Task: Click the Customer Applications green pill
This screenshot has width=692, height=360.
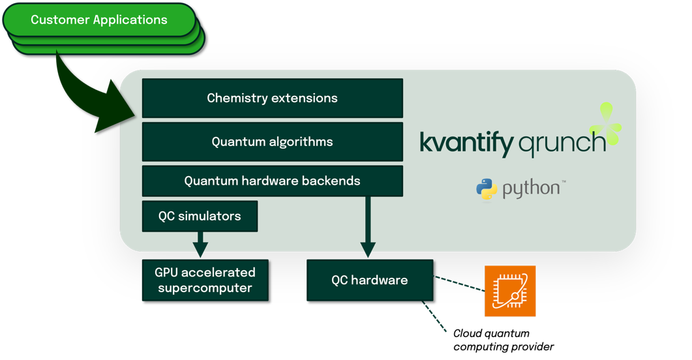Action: (99, 20)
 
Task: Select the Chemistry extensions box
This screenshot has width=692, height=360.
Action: (272, 98)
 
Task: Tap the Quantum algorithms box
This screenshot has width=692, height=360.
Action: (272, 142)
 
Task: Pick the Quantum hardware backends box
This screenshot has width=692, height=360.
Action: (272, 181)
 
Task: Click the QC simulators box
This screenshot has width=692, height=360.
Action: (200, 216)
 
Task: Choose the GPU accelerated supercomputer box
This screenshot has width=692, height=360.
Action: (205, 280)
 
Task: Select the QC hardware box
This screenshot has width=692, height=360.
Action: (369, 280)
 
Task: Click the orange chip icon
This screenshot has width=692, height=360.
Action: (510, 291)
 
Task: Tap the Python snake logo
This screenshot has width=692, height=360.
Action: (487, 190)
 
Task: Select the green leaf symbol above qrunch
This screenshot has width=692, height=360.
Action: (607, 124)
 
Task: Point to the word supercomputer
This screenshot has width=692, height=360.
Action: (205, 288)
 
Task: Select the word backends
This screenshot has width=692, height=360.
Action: (332, 181)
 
